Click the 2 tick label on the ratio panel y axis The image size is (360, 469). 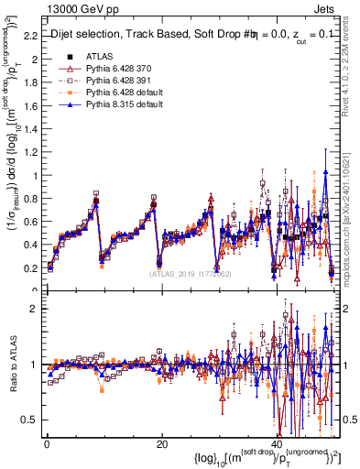coord(35,309)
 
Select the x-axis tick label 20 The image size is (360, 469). coord(161,445)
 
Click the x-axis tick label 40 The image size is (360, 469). coord(277,445)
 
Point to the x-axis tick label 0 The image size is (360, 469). coord(46,445)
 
